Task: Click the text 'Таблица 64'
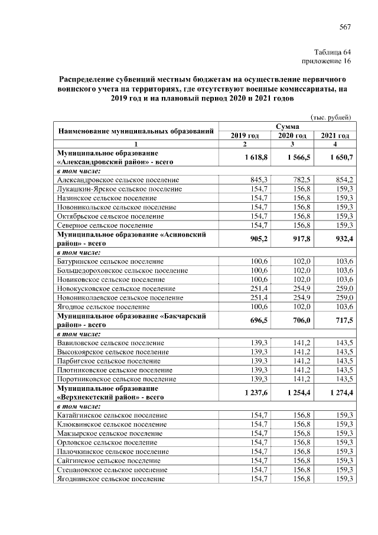[333, 51]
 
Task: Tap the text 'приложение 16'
[327, 60]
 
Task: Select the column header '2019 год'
[245, 135]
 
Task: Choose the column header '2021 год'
[335, 135]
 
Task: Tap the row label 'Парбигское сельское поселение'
[108, 361]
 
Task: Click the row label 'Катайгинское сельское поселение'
[112, 416]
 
